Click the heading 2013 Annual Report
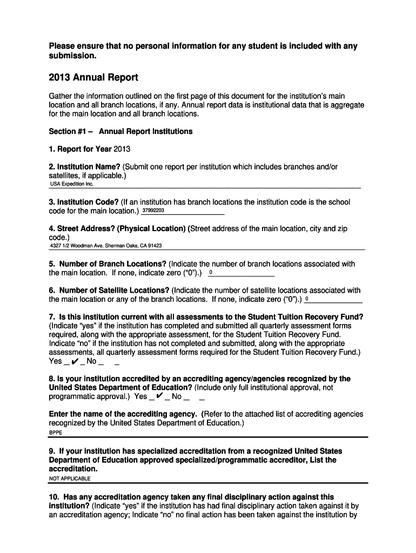(x=93, y=77)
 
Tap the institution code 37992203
(x=153, y=210)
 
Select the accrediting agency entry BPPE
(x=56, y=433)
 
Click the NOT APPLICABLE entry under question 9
(x=70, y=478)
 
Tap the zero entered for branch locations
(x=211, y=273)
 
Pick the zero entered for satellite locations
(x=307, y=299)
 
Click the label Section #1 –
(x=71, y=131)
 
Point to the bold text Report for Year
(x=84, y=149)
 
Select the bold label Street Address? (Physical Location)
(x=122, y=228)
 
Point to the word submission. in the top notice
(x=72, y=56)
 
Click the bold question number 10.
(x=56, y=497)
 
